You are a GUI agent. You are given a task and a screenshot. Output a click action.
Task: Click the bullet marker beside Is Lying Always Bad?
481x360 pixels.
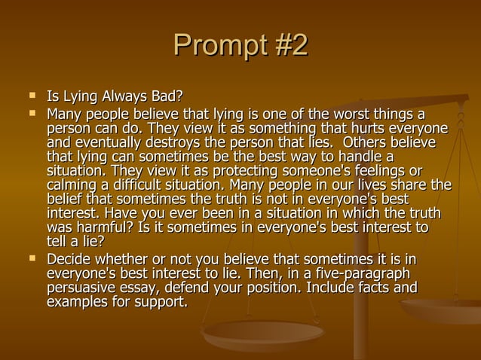click(x=32, y=96)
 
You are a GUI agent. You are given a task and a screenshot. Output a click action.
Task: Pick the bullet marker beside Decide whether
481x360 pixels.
click(x=32, y=259)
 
